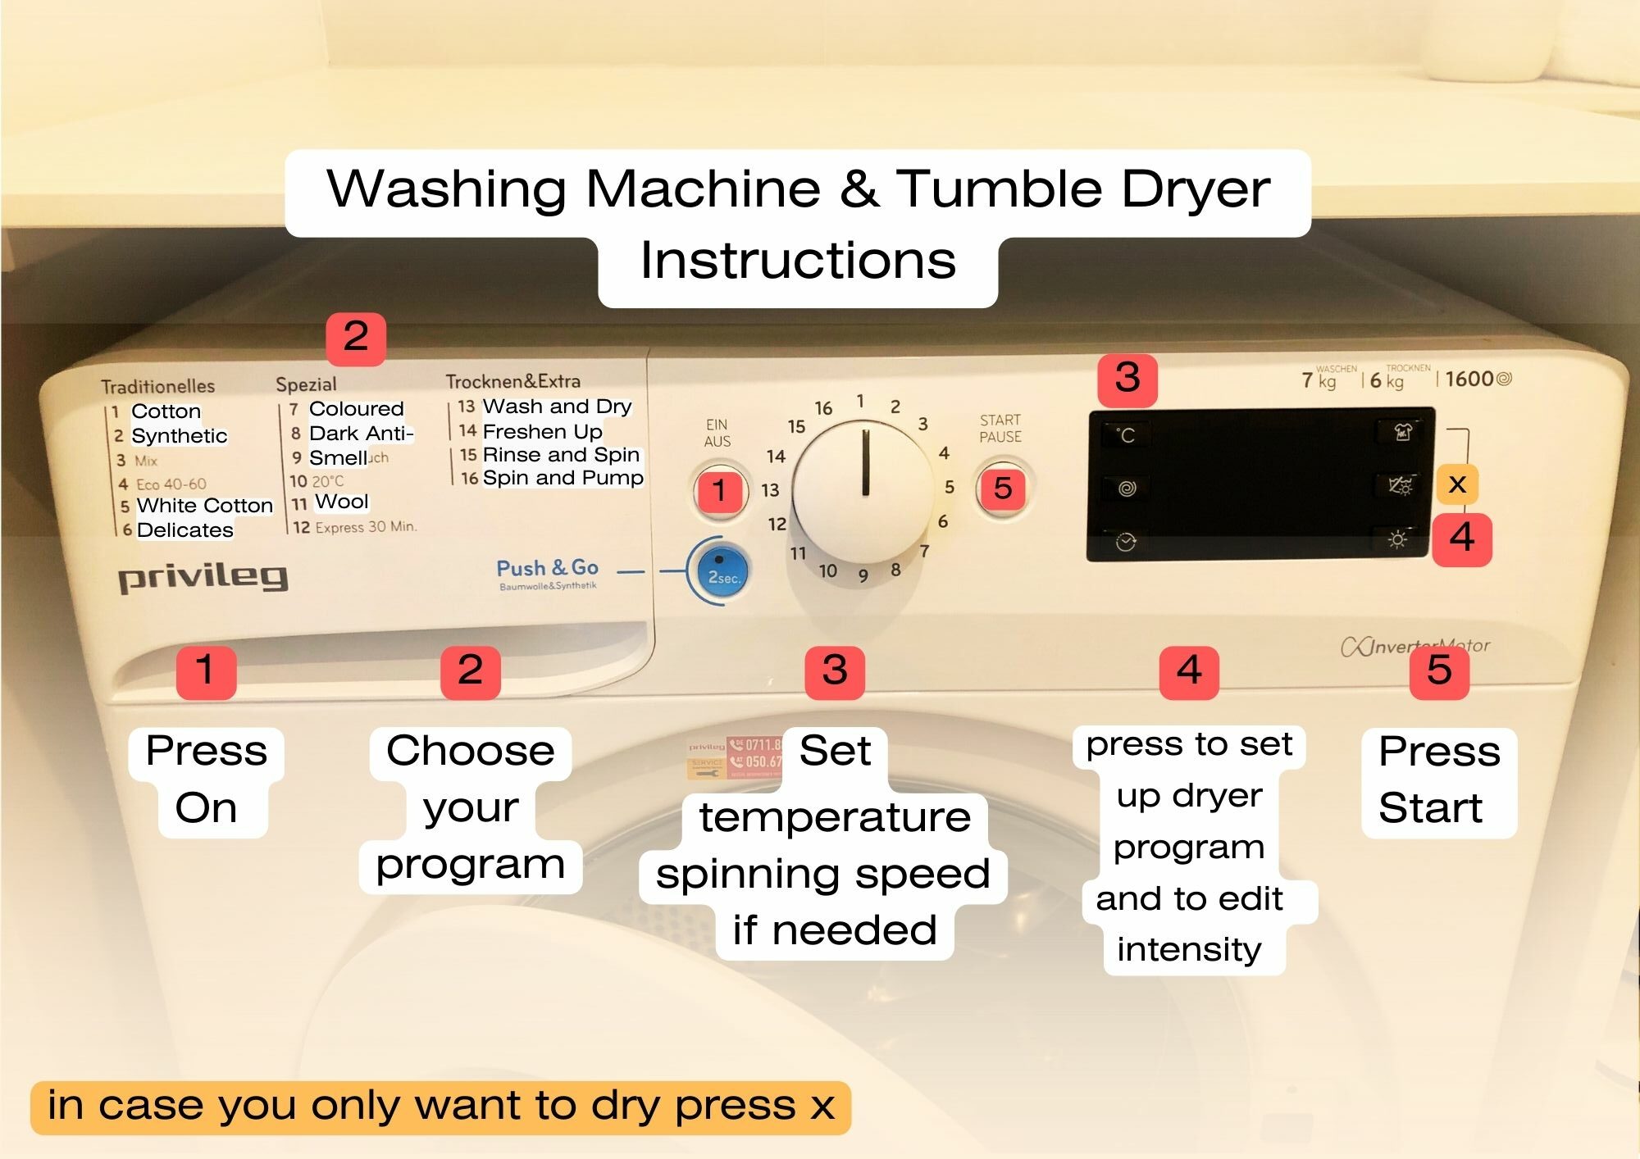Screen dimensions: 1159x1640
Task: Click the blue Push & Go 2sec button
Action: [x=718, y=571]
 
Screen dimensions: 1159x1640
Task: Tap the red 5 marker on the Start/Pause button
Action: [x=1002, y=489]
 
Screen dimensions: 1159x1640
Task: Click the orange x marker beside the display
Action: [x=1457, y=484]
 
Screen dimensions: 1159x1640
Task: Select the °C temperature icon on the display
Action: [x=1127, y=435]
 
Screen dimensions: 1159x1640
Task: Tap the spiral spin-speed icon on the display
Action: [x=1127, y=489]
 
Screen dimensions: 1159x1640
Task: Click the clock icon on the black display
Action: [x=1126, y=542]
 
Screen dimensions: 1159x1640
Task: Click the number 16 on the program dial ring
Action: [x=823, y=408]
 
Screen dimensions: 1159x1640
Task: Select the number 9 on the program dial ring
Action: [x=863, y=576]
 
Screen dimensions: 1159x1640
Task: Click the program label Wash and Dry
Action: [x=557, y=407]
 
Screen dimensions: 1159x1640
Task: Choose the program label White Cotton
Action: [x=204, y=506]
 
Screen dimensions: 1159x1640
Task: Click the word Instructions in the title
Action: [x=798, y=261]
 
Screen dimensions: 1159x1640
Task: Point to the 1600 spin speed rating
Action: [x=1469, y=379]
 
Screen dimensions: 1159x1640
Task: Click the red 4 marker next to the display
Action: [x=1462, y=539]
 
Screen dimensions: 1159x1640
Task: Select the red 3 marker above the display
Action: [x=1127, y=379]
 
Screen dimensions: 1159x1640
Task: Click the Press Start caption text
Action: [x=1438, y=779]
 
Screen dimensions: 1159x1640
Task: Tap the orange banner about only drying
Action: [x=440, y=1106]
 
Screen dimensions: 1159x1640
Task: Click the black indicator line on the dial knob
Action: [x=865, y=463]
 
